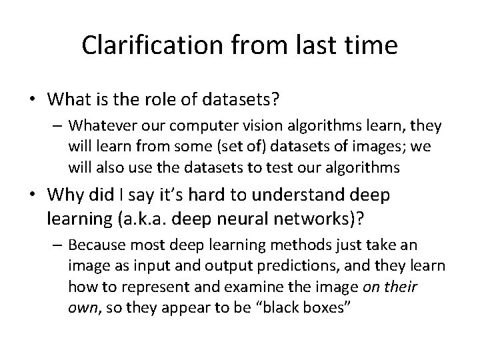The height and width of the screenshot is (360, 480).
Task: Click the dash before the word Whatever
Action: click(58, 125)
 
